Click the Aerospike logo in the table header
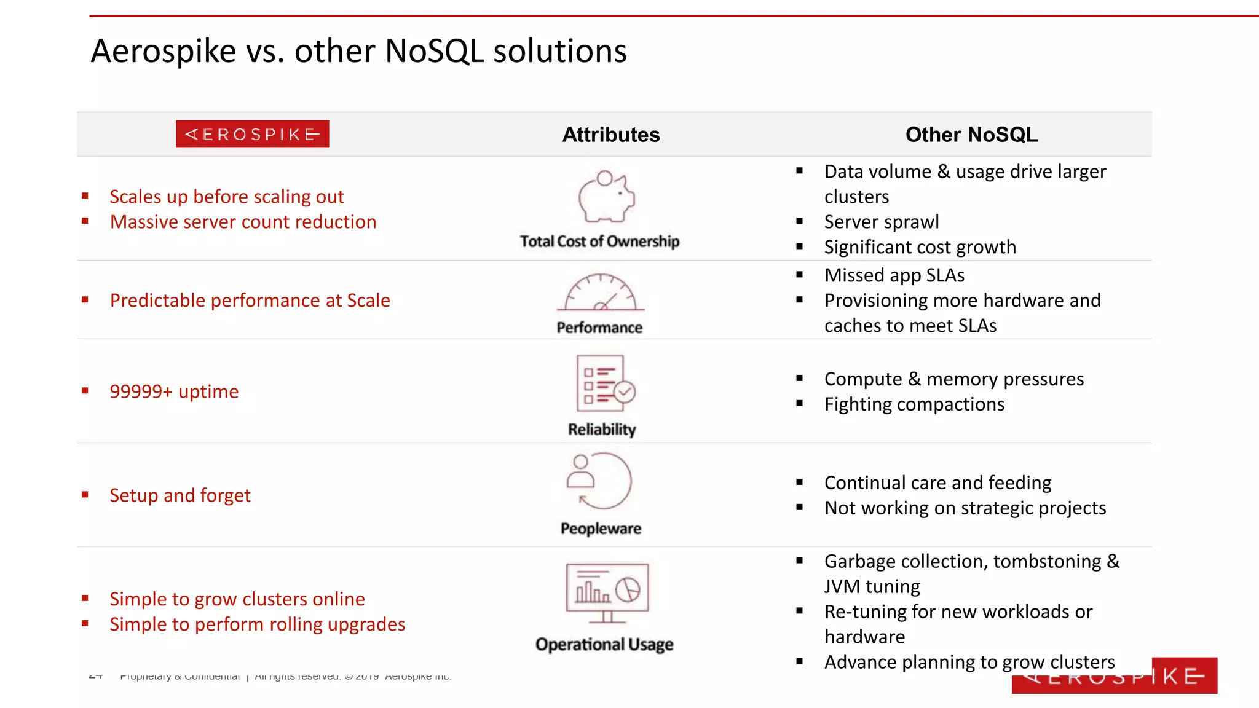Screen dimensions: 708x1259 coord(252,134)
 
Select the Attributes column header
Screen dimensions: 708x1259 coord(611,135)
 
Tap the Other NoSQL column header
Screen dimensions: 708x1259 coord(971,135)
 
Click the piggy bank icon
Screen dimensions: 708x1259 coord(606,197)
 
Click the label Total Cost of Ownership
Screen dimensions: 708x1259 coord(599,242)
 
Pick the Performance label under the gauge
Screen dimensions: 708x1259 coord(599,328)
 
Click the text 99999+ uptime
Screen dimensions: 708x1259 coord(174,391)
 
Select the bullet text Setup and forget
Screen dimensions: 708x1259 coord(180,495)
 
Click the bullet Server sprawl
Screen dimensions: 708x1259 coord(882,222)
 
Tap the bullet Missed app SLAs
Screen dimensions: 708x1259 coord(894,275)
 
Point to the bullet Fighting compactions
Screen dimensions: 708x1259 coord(914,404)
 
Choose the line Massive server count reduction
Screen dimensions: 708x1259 coord(243,222)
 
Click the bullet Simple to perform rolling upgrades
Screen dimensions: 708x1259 coord(257,624)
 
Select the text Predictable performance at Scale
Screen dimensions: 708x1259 coord(250,301)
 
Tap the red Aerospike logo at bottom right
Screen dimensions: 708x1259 coord(1114,676)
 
